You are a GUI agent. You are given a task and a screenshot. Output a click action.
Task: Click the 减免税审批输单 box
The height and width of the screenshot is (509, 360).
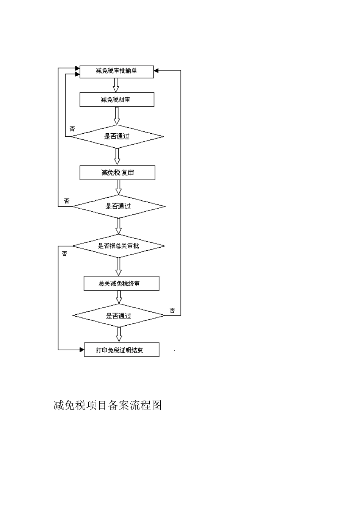[x=116, y=71]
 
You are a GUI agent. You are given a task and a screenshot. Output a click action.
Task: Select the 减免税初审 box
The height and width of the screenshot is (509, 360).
[x=117, y=100]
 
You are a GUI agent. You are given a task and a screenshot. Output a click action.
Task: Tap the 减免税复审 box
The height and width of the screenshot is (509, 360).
[x=117, y=173]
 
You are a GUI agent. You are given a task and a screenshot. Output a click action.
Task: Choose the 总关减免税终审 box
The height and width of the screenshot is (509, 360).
[x=121, y=283]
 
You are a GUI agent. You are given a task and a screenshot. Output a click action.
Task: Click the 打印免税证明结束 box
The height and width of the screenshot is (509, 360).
[x=121, y=350]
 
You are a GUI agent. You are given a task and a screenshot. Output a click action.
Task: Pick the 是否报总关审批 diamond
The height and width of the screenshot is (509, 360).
[x=118, y=246]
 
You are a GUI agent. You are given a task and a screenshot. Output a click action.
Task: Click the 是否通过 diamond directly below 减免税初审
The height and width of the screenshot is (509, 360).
[x=117, y=136]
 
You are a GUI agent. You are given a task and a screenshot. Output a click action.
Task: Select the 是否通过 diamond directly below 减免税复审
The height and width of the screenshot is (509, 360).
[x=118, y=206]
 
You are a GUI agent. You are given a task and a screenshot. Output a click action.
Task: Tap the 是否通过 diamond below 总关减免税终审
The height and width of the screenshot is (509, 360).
[x=119, y=315]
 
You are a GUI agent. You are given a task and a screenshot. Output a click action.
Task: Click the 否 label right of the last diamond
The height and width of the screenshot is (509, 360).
[x=172, y=311]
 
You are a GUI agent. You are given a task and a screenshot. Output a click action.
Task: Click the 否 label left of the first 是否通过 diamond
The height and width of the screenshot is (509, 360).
[x=72, y=129]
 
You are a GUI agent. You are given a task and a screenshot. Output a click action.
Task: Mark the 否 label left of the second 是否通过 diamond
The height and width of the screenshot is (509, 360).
[x=67, y=201]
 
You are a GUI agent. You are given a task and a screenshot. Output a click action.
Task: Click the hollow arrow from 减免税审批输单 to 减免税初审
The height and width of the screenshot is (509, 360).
[x=116, y=85]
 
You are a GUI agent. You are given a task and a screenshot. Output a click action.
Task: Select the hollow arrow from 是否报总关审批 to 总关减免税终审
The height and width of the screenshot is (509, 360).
[x=119, y=267]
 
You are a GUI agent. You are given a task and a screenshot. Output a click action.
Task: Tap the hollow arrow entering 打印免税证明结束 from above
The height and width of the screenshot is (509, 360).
[x=119, y=334]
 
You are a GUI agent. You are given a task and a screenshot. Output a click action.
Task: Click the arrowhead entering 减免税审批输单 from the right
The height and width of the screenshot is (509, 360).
[x=157, y=70]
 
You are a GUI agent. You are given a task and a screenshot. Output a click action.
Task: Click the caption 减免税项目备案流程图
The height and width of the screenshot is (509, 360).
[x=108, y=405]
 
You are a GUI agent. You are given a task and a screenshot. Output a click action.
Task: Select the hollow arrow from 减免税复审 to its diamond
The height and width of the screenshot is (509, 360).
[x=119, y=187]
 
